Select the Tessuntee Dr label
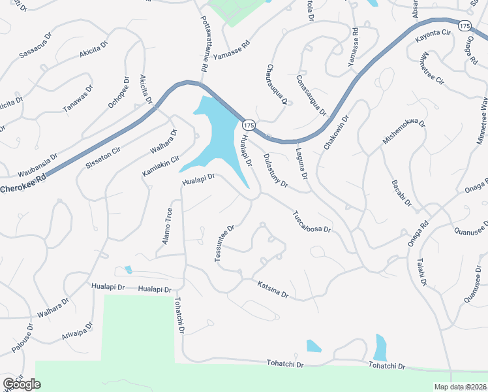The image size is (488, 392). coord(225,245)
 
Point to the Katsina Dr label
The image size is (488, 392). coord(273,288)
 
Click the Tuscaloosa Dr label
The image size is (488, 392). coord(312,221)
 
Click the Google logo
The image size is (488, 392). coord(22,384)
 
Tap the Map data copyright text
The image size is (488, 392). coord(461,387)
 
